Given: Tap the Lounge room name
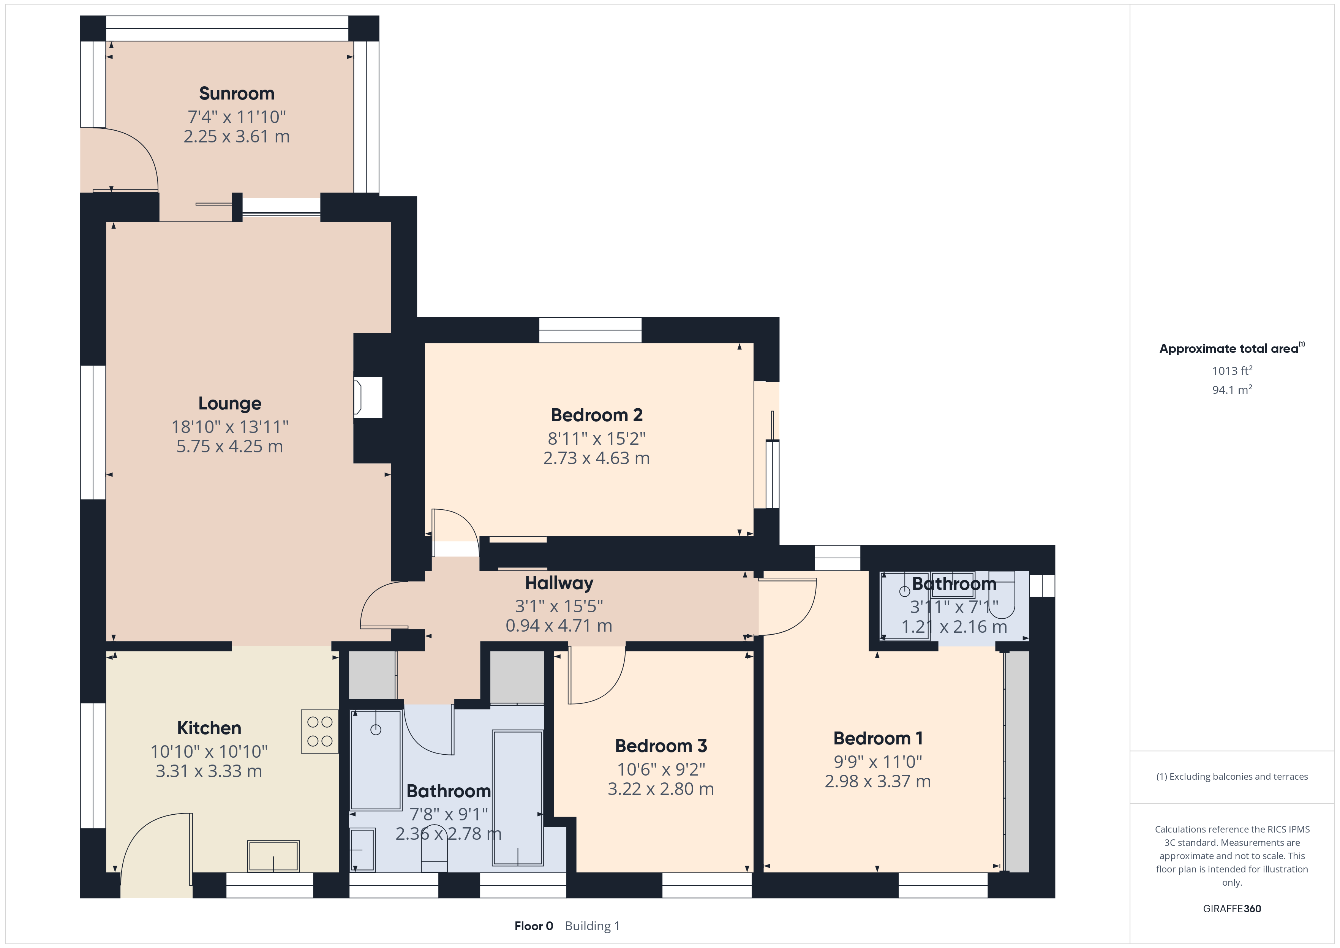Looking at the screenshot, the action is (230, 403).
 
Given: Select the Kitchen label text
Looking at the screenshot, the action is (209, 728).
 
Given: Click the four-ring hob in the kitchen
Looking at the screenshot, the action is (320, 732).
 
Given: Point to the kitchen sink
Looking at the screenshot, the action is (273, 856).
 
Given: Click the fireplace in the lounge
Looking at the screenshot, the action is (368, 398).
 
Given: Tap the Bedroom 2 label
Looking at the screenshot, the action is (596, 415).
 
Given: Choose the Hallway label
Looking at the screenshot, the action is (559, 583).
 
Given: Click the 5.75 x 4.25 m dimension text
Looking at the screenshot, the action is (230, 447).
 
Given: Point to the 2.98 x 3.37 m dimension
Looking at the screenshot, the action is (878, 782).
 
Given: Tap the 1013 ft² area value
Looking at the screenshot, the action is (1232, 371).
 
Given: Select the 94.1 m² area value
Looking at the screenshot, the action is (1232, 389).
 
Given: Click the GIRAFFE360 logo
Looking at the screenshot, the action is (1232, 909).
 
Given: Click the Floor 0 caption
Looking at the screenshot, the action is (533, 926).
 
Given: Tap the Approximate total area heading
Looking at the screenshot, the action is (1232, 349).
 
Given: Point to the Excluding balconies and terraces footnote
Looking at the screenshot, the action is (1232, 776).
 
